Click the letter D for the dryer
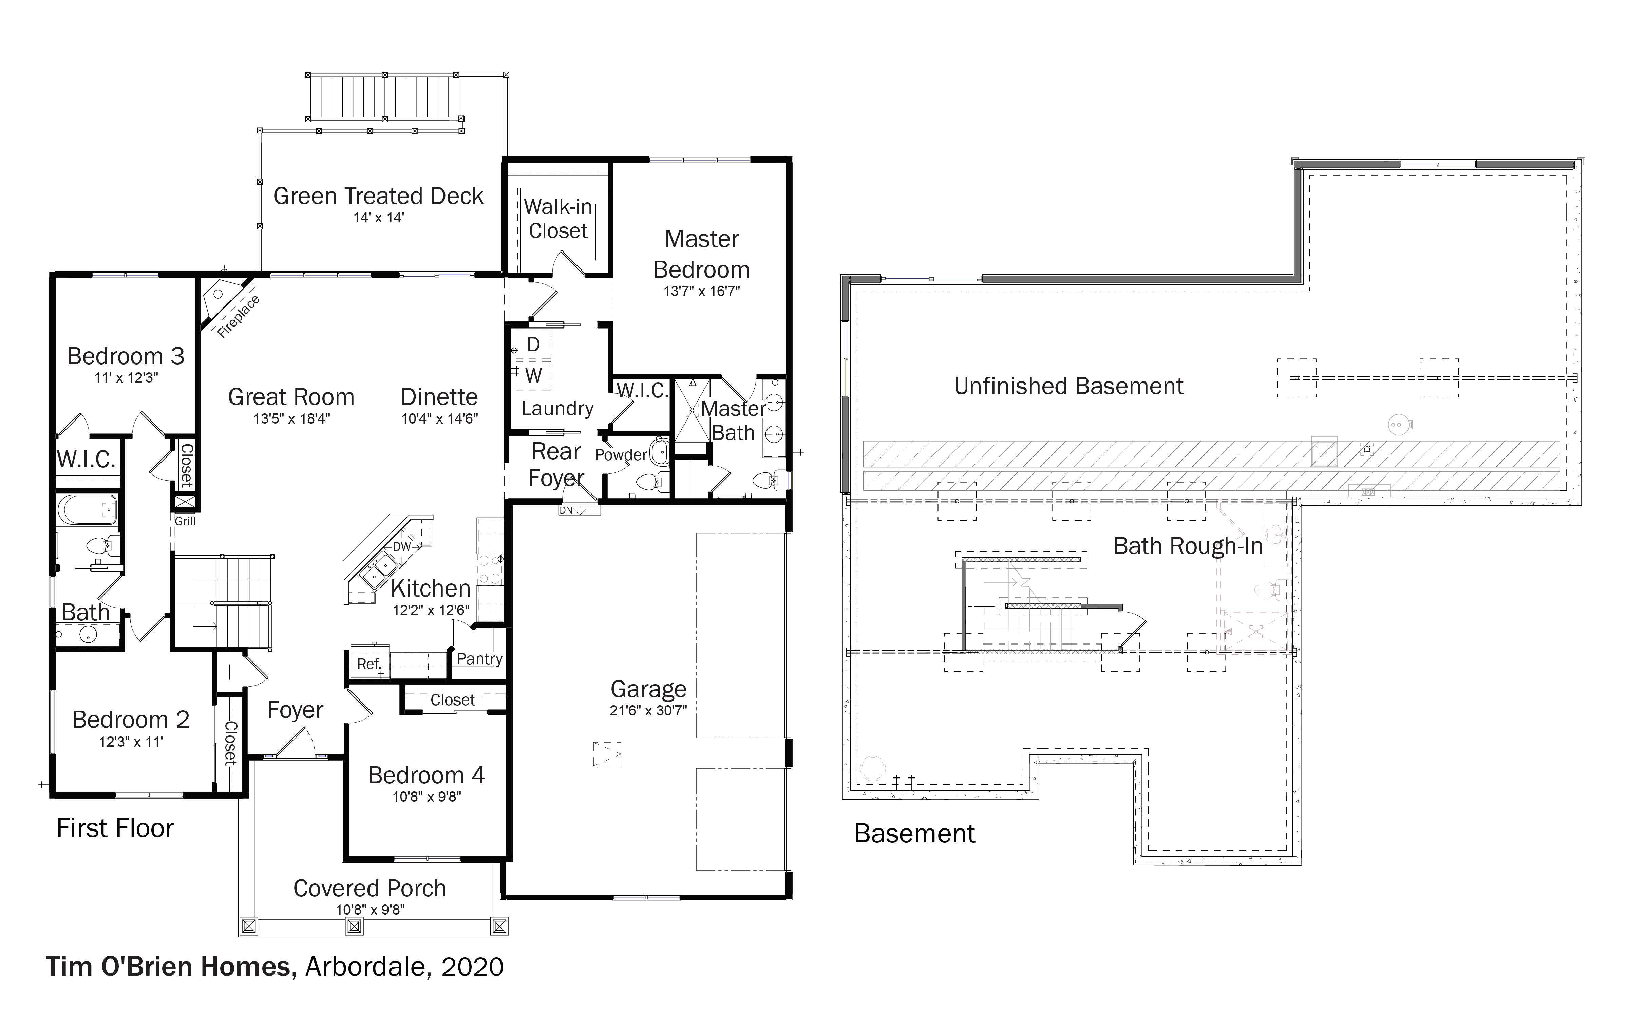533,345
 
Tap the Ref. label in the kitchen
369,664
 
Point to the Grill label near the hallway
185,521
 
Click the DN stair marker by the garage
566,510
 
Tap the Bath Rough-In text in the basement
1188,546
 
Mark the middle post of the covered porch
354,926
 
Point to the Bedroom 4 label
427,775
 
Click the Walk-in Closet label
559,219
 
